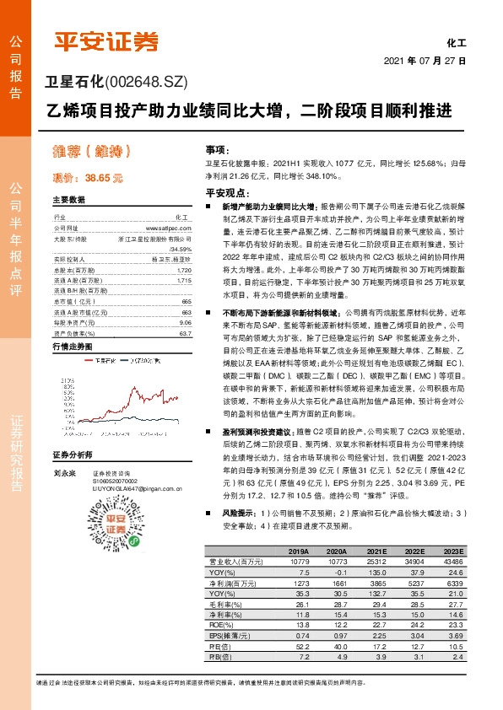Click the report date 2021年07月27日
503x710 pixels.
click(425, 61)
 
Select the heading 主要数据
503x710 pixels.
click(69, 201)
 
